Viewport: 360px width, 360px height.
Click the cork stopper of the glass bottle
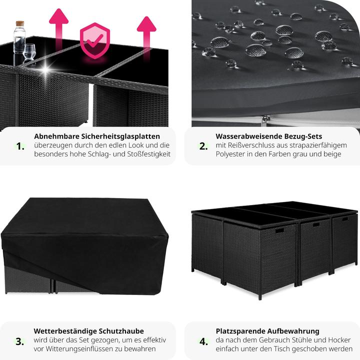coord(19,23)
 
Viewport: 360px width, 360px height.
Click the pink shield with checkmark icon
coord(95,40)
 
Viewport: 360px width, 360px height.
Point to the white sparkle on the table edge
coord(45,69)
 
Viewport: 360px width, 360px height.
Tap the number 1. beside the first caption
coord(20,146)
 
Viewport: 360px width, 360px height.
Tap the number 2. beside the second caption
coord(203,146)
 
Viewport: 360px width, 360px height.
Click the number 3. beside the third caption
coord(19,341)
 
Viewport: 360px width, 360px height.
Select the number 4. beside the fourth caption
coord(203,341)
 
